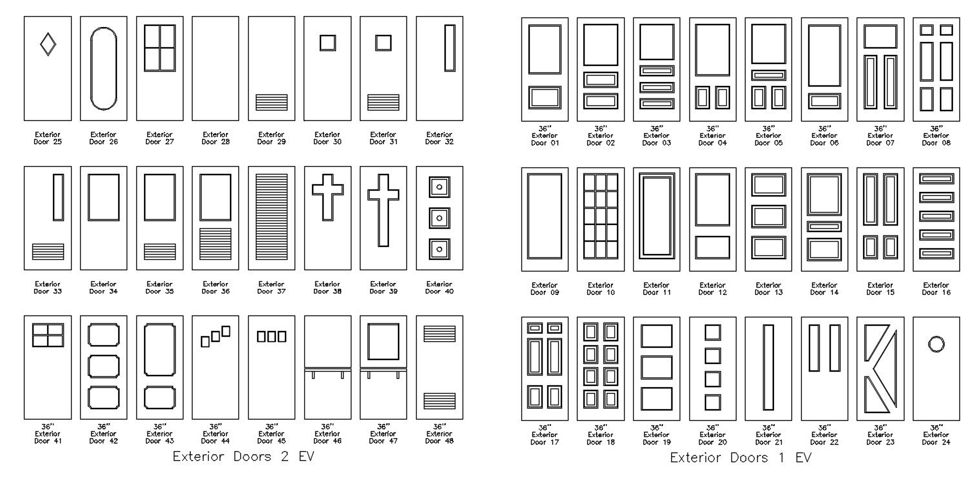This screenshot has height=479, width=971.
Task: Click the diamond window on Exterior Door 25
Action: (48, 44)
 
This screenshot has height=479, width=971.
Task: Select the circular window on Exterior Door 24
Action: (935, 344)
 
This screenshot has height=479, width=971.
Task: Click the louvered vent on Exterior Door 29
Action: (271, 102)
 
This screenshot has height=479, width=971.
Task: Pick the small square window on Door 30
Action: (328, 43)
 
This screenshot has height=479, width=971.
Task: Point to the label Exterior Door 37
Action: (271, 288)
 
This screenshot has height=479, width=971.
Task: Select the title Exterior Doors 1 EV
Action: (740, 458)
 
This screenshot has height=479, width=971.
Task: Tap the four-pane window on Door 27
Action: (160, 48)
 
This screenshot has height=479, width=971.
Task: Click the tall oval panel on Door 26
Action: (103, 69)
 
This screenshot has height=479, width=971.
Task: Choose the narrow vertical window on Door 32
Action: (450, 48)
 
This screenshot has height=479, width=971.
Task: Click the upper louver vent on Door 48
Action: (439, 333)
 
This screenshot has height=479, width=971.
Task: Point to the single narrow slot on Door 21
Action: (768, 367)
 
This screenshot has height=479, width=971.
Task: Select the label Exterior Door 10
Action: (600, 289)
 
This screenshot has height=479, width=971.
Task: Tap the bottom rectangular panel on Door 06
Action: (824, 101)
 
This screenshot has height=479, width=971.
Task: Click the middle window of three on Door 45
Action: (271, 336)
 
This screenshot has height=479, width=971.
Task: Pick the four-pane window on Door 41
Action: (48, 335)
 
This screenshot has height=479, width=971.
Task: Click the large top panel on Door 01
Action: (545, 50)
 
